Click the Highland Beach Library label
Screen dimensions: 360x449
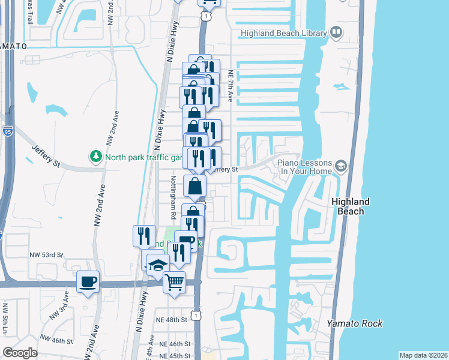pyautogui.click(x=283, y=34)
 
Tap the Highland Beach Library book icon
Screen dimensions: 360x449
pyautogui.click(x=336, y=32)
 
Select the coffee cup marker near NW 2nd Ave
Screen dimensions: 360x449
pyautogui.click(x=88, y=281)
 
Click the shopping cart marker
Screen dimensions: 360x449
pyautogui.click(x=174, y=281)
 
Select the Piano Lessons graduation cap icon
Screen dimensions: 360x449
pyautogui.click(x=341, y=165)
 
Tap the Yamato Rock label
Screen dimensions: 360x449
pyautogui.click(x=355, y=323)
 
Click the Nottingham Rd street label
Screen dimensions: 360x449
pyautogui.click(x=173, y=196)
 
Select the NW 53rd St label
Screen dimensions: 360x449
pyautogui.click(x=47, y=255)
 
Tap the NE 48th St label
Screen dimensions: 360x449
pyautogui.click(x=172, y=320)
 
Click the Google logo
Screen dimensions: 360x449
pyautogui.click(x=20, y=353)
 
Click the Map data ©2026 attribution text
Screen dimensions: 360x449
pyautogui.click(x=423, y=355)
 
